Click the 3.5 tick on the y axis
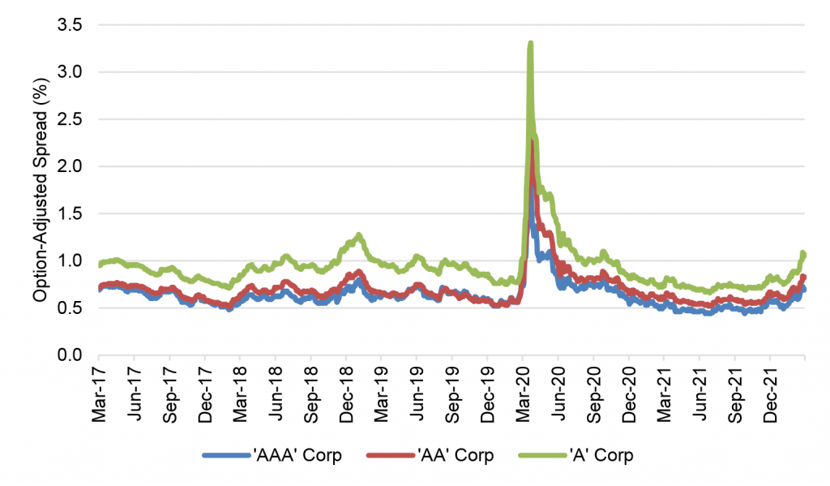tap(71, 25)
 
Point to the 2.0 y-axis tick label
tap(71, 166)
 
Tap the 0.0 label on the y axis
tap(71, 355)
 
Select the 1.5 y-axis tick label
tap(71, 213)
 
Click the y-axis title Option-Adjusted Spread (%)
tap(39, 191)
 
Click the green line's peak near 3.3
tap(530, 44)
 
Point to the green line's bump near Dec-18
tap(357, 235)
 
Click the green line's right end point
tap(804, 255)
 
